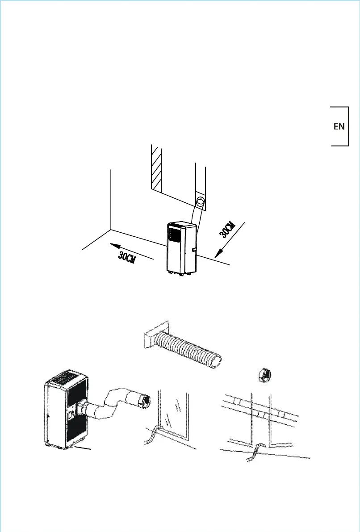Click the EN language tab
point(339,126)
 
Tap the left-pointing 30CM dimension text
point(128,258)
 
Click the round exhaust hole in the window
point(201,201)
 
